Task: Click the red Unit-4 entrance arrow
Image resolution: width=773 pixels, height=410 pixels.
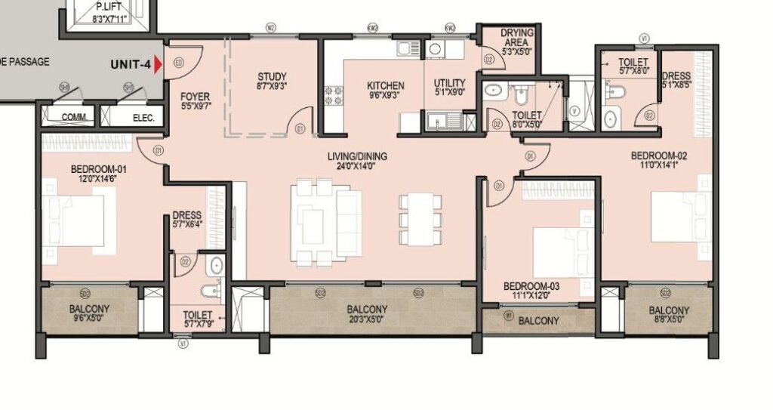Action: pos(158,65)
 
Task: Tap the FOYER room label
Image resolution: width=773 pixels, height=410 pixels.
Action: pos(195,97)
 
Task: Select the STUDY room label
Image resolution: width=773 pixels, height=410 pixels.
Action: pos(272,76)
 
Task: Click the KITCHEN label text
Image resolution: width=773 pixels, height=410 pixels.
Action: pos(386,85)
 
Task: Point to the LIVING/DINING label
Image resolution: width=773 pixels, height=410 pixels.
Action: pos(357,156)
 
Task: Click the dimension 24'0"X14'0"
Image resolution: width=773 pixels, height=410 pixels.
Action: pos(357,168)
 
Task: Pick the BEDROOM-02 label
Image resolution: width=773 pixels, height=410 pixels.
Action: pos(660,156)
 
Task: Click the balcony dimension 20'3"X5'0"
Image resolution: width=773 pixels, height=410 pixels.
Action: pos(367,320)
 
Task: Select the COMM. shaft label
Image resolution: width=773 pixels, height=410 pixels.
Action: pos(73,118)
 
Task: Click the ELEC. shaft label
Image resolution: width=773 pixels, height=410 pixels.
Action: pos(143,118)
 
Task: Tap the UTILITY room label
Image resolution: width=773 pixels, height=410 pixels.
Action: pos(450,83)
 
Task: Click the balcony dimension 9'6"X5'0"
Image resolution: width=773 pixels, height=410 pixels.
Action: pos(89,320)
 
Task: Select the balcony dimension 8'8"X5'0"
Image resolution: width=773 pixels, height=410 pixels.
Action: pos(669,321)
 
